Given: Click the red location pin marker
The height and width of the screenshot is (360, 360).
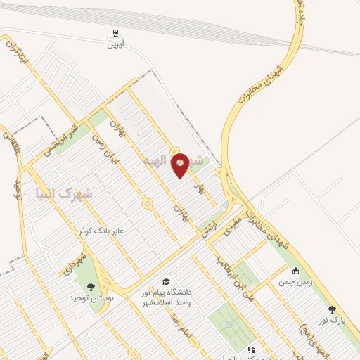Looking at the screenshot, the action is [x=181, y=165].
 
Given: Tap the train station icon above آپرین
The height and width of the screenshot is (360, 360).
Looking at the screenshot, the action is [x=115, y=32].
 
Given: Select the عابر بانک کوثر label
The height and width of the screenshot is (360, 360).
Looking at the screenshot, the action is [x=103, y=230].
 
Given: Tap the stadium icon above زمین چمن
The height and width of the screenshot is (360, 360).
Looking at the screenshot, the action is [x=295, y=271].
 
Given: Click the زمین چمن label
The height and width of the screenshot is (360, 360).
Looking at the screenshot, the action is [x=292, y=282].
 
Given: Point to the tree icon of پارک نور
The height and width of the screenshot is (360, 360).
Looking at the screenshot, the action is [x=332, y=309].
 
